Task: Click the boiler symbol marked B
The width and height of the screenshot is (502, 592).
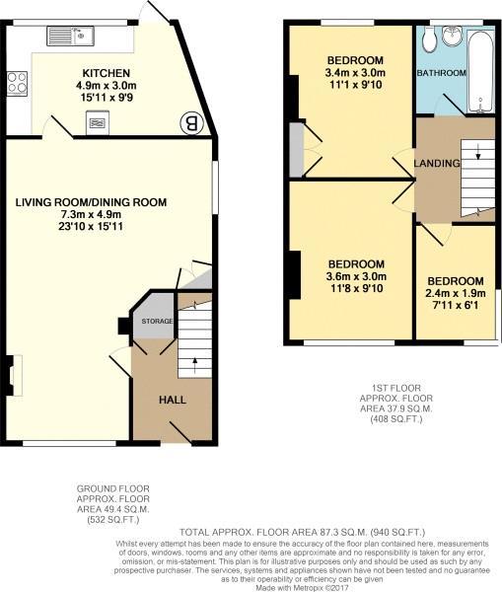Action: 191,123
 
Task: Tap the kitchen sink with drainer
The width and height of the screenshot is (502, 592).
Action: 71,36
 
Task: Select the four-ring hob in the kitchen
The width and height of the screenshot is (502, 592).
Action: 17,84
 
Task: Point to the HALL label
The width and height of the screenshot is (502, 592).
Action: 173,400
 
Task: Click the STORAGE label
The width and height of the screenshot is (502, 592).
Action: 157,322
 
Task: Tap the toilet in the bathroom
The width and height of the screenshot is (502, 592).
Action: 430,38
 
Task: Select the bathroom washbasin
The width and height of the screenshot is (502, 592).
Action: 452,36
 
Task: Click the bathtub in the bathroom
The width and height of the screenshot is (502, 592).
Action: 480,72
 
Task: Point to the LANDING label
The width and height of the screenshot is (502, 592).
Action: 437,163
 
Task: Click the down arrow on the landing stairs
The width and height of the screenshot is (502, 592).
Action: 478,151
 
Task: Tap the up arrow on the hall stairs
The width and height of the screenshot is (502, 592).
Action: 194,365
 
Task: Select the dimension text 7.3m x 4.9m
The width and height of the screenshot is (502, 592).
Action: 91,214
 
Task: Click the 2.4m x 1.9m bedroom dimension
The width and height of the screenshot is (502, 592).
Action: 456,293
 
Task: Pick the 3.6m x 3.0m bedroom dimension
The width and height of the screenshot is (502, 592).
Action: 356,276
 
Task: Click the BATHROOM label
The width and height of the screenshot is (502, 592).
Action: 441,73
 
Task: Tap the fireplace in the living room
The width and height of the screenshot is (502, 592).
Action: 14,376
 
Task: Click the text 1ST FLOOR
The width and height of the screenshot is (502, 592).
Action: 395,388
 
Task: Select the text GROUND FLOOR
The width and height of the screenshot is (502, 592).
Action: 112,489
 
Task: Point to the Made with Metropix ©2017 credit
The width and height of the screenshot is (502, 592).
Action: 302,588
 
